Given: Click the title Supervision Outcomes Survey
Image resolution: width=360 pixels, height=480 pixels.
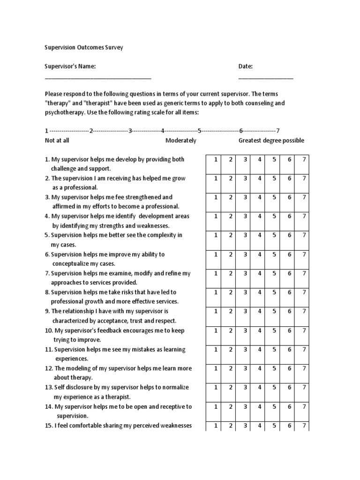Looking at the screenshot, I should click(x=84, y=48).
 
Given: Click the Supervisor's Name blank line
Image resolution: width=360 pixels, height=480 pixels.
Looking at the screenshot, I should click(x=98, y=78).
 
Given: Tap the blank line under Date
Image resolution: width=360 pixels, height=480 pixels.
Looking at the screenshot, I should click(x=266, y=78).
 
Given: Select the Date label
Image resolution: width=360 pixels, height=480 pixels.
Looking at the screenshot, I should click(x=246, y=67).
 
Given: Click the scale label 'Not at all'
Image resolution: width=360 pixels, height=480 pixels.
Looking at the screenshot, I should click(x=57, y=141).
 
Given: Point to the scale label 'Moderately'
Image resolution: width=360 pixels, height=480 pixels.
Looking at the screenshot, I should click(x=181, y=141).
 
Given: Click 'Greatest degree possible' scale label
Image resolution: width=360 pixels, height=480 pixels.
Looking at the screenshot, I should click(x=271, y=141).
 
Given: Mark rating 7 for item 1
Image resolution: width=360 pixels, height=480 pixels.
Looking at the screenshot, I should click(x=304, y=159).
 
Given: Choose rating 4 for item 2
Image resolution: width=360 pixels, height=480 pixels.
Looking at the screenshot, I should click(x=259, y=179).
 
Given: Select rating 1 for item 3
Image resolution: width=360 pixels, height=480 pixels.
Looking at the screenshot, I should click(x=216, y=197).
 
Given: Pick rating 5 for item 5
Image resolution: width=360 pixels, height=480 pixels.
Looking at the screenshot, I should click(x=274, y=235).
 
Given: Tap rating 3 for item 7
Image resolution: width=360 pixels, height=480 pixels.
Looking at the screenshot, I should click(x=245, y=273).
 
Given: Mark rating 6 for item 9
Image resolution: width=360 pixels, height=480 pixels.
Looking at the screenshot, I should click(x=289, y=311).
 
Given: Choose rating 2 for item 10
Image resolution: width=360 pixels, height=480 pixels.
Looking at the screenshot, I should click(x=230, y=330).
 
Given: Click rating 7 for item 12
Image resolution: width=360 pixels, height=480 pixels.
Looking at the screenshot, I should click(x=304, y=368).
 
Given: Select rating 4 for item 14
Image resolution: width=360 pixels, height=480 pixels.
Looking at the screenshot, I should click(x=259, y=406).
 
